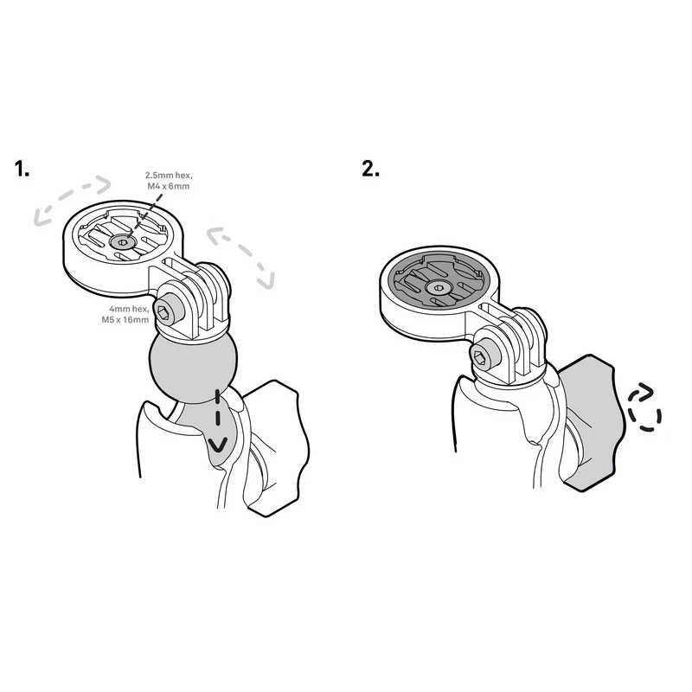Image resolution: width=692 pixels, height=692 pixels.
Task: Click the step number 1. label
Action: click(x=22, y=169)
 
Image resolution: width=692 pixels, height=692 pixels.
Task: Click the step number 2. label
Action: click(x=371, y=169)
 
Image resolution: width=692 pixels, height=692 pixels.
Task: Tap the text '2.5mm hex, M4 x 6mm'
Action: click(x=169, y=181)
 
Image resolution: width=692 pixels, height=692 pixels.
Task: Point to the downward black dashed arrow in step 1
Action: click(x=218, y=421)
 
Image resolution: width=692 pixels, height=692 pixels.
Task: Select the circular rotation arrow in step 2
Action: click(x=644, y=407)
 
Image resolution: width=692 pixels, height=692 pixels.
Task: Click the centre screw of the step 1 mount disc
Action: click(x=122, y=241)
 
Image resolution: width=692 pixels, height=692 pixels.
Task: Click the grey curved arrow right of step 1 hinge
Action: click(x=241, y=257)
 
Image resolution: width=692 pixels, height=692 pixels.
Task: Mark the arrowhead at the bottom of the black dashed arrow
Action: click(x=218, y=445)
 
